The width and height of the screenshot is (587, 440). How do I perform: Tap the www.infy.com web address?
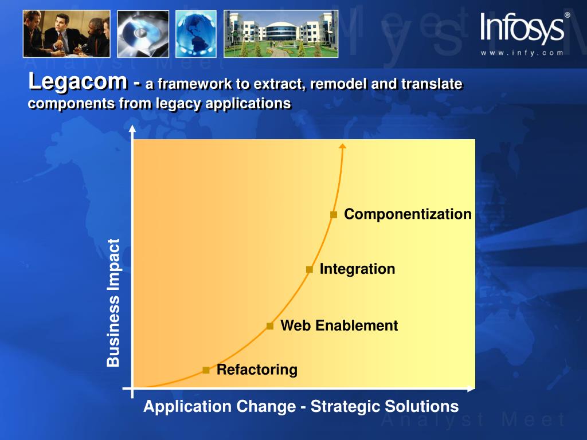[522, 53]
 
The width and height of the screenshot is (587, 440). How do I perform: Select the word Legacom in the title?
[78, 82]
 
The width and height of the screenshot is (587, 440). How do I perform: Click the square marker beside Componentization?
[334, 215]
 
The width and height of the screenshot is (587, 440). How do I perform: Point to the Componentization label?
[408, 214]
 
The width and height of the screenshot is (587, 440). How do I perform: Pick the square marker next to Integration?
[309, 269]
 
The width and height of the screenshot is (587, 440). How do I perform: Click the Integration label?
[357, 269]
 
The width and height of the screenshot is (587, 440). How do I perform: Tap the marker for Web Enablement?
[270, 326]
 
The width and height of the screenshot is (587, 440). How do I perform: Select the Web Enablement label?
[339, 325]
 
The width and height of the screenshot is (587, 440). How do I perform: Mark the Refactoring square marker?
[206, 370]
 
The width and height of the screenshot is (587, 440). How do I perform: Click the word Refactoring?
[257, 370]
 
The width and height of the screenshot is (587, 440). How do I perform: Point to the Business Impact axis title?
[113, 302]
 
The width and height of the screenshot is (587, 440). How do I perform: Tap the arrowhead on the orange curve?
[342, 146]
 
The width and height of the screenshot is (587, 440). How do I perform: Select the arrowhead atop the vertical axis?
[132, 129]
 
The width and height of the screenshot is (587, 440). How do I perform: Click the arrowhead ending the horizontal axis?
[471, 389]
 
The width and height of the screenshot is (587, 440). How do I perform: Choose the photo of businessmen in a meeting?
[66, 34]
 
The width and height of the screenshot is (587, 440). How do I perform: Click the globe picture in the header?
[196, 34]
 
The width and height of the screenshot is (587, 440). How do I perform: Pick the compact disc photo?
[143, 34]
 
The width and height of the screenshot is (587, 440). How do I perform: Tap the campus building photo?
[281, 34]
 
